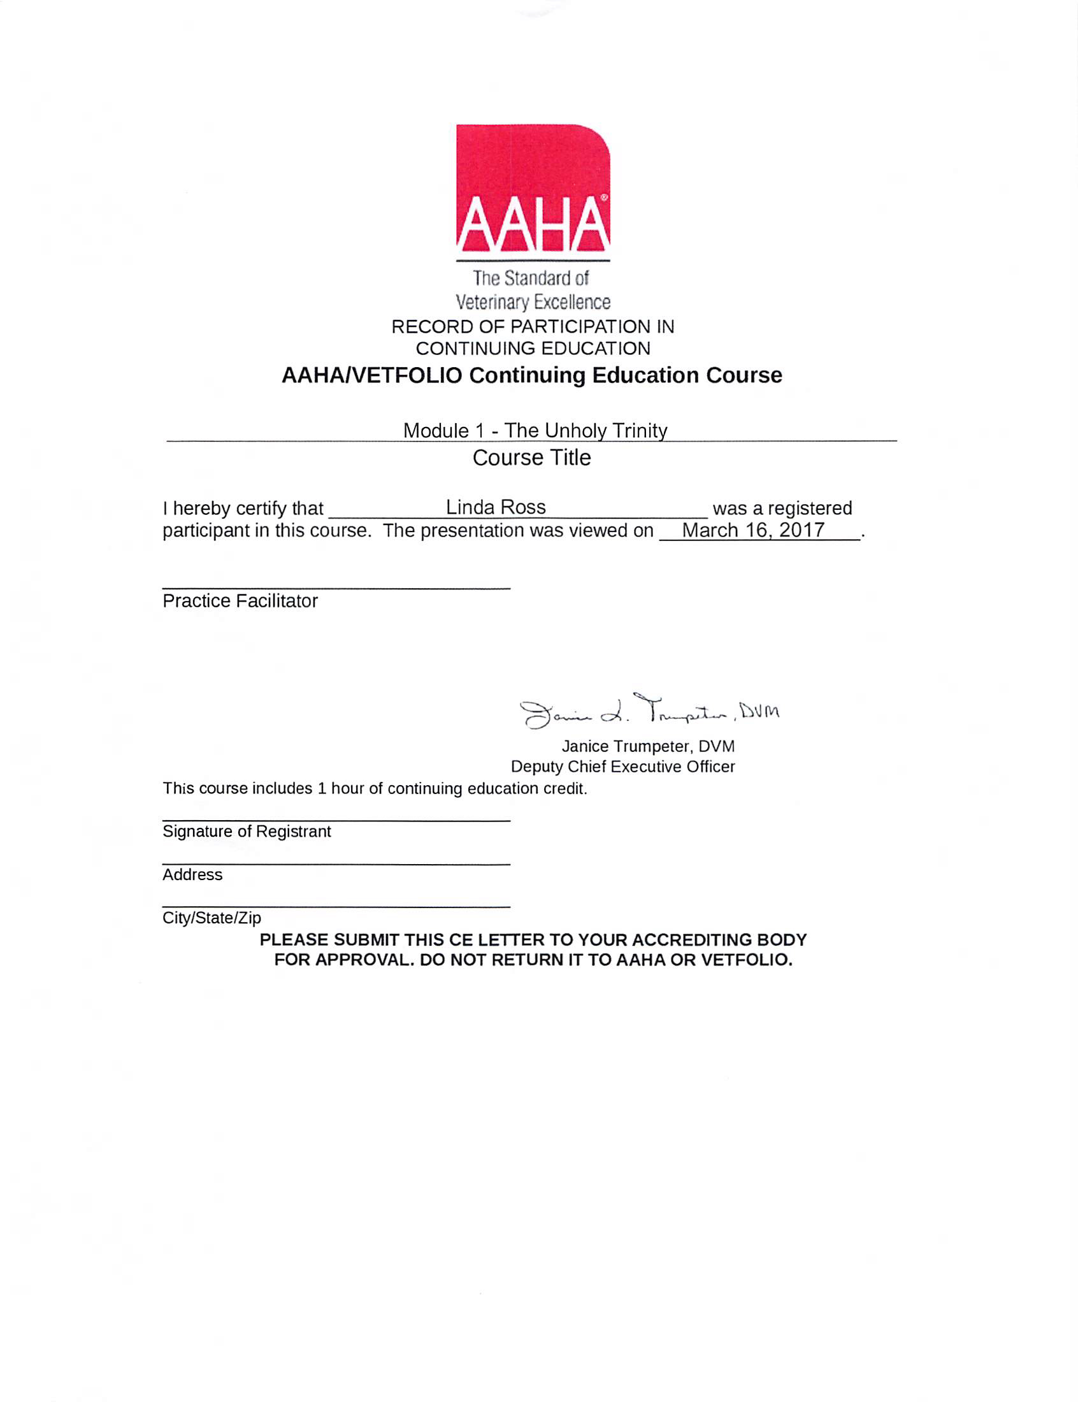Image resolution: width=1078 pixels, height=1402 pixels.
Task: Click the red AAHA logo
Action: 533,189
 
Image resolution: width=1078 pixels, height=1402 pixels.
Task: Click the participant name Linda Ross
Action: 496,507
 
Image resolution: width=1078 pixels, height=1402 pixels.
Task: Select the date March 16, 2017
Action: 752,530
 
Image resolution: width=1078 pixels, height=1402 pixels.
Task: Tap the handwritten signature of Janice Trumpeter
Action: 649,711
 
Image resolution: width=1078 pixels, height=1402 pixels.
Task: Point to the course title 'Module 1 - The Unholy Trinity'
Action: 535,430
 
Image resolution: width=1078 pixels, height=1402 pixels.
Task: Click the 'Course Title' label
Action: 531,458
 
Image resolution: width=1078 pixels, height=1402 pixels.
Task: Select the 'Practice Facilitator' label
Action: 240,600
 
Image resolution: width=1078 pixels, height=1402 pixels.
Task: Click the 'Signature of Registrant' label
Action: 247,831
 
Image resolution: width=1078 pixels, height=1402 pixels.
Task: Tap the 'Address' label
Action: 192,874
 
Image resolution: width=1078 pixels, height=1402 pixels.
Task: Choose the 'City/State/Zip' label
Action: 212,918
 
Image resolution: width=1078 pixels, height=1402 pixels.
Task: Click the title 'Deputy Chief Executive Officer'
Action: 622,766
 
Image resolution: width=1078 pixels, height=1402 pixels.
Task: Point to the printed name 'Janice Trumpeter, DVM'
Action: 648,746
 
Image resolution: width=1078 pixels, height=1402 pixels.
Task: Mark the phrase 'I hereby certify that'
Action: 243,508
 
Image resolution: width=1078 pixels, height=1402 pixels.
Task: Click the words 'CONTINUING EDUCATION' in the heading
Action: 533,349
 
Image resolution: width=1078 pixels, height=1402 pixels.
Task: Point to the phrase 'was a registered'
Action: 782,508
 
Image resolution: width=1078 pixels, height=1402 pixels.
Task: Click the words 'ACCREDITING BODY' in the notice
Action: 719,940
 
